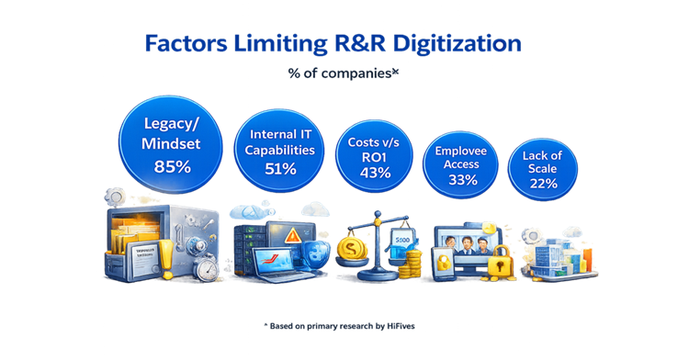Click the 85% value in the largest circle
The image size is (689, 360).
[173, 166]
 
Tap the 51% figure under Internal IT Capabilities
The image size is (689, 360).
[281, 169]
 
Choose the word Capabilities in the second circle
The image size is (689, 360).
[280, 150]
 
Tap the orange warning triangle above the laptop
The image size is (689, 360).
[291, 236]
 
